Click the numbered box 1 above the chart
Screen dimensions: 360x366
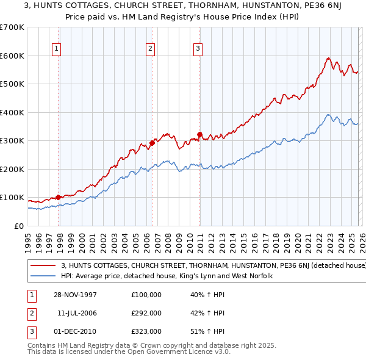click(x=56, y=50)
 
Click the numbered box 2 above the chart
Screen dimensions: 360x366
click(x=150, y=50)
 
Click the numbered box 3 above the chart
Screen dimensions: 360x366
click(x=198, y=50)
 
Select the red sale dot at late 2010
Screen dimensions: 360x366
click(x=199, y=134)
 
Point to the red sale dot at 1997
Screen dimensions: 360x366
click(x=59, y=197)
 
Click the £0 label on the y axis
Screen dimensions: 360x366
click(x=18, y=226)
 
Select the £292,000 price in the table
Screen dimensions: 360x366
click(x=146, y=313)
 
